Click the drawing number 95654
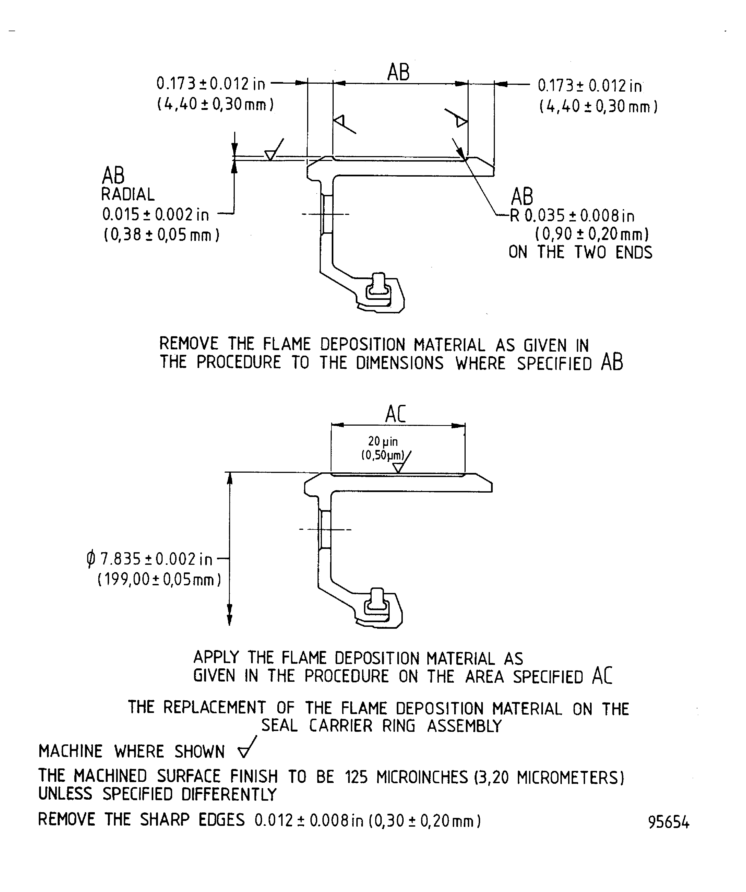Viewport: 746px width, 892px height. pos(668,822)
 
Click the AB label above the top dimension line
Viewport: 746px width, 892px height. pos(398,72)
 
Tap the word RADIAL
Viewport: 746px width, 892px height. pos(127,195)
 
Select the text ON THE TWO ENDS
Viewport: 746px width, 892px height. pos(580,252)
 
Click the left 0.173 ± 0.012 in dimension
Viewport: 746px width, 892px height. pos(211,84)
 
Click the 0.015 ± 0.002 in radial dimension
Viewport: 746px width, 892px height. pos(155,215)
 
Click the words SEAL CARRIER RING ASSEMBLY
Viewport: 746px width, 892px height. pos(381,726)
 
